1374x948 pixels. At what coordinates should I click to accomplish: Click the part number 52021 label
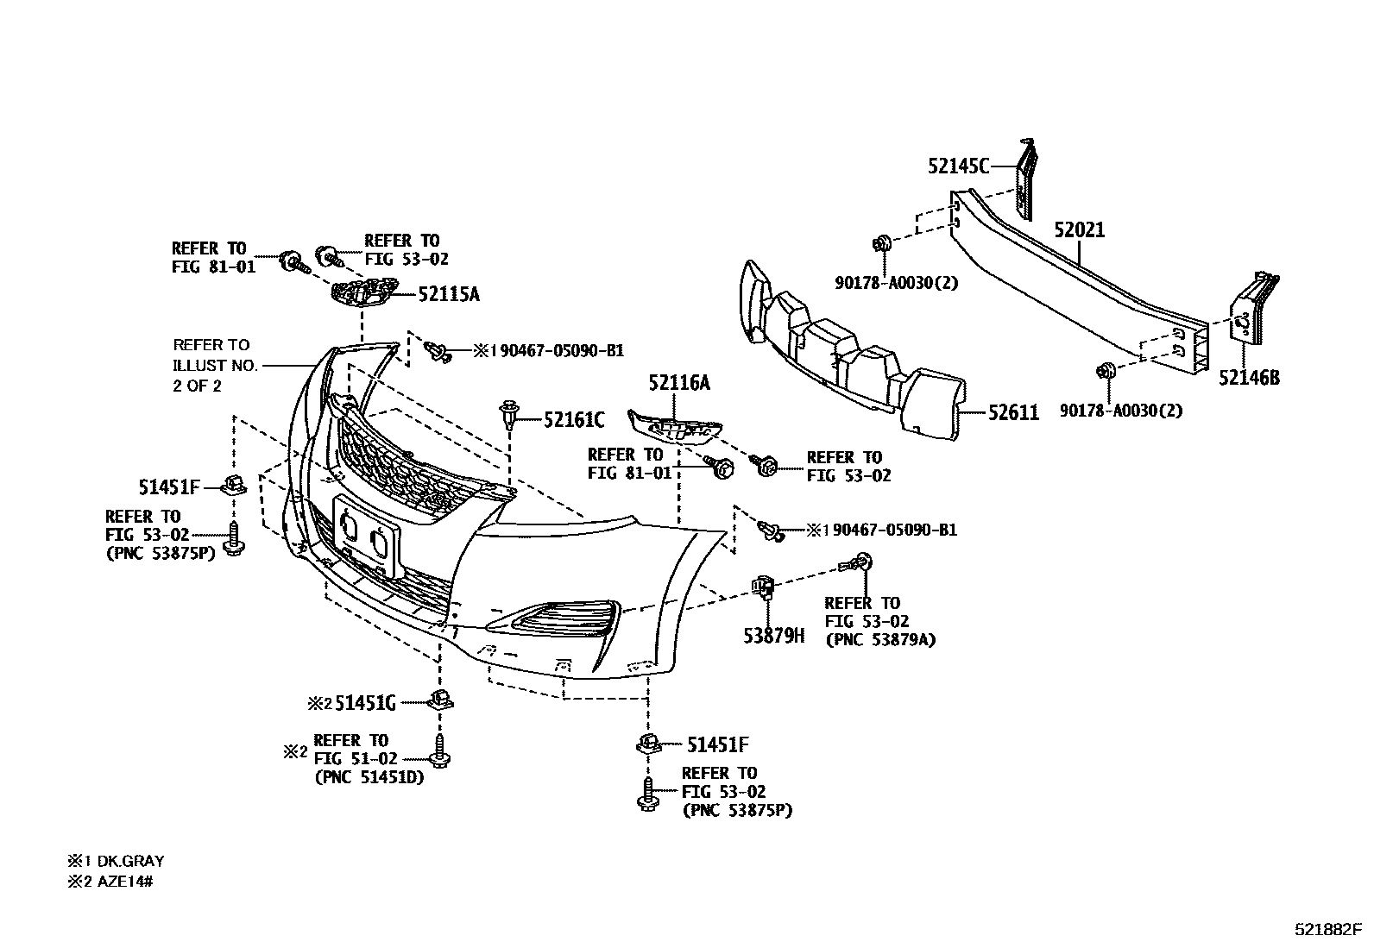[x=1079, y=230]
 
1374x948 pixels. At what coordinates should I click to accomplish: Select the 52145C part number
[x=958, y=166]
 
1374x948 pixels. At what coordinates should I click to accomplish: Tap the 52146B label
[x=1248, y=377]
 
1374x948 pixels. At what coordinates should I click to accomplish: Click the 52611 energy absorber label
[x=1013, y=413]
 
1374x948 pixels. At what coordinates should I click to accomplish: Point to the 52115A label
[x=448, y=294]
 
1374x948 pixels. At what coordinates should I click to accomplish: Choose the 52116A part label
[x=679, y=383]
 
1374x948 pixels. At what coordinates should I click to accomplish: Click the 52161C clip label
[x=574, y=420]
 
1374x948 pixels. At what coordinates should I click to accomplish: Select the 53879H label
[x=773, y=636]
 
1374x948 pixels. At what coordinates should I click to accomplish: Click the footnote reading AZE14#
[x=123, y=881]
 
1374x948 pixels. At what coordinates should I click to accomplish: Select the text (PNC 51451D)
[x=369, y=777]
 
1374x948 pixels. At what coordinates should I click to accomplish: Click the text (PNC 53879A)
[x=880, y=639]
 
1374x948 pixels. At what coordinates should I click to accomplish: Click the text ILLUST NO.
[x=216, y=365]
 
